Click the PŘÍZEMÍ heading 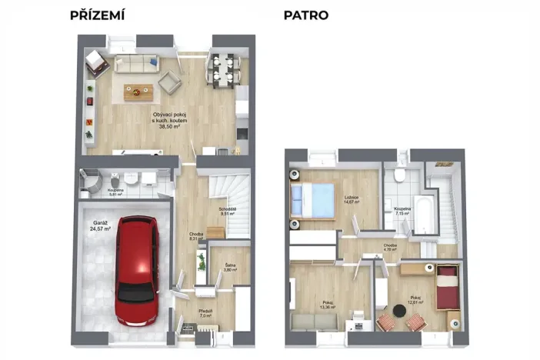[x=97, y=15]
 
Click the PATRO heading [x=305, y=15]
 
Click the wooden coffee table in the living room [x=139, y=91]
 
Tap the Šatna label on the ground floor [x=229, y=267]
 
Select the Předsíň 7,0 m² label [x=205, y=313]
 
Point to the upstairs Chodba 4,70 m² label [x=391, y=247]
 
